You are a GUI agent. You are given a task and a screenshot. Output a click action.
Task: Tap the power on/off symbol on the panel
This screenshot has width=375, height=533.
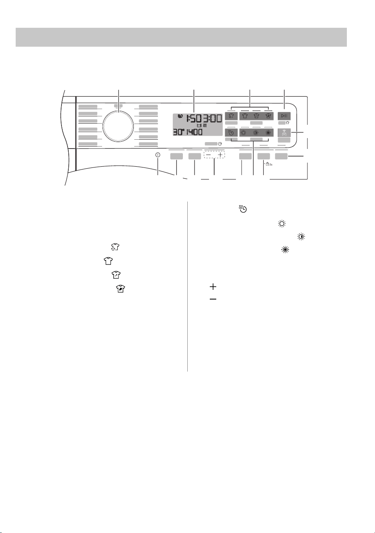click(x=158, y=155)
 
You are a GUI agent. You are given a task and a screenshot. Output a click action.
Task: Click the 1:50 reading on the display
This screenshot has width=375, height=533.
click(x=194, y=118)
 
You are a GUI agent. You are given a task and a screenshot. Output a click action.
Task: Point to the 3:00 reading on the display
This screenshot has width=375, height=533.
click(x=212, y=118)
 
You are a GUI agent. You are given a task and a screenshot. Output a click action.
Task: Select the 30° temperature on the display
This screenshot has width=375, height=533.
click(x=178, y=132)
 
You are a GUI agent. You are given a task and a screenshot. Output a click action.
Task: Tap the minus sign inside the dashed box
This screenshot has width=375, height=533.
click(x=209, y=155)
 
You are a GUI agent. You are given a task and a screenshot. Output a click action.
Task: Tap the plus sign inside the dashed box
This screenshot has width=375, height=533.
click(x=220, y=155)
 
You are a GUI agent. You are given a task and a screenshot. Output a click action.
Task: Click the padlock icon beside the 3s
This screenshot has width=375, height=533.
click(x=267, y=164)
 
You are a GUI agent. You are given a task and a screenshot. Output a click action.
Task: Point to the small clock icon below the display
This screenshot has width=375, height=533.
click(x=220, y=144)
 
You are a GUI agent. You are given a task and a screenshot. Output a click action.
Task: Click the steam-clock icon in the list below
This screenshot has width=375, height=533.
click(x=243, y=209)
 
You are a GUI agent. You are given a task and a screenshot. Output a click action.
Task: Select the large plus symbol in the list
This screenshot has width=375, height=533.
click(x=213, y=287)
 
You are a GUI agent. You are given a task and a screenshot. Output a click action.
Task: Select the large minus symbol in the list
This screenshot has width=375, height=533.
click(x=213, y=299)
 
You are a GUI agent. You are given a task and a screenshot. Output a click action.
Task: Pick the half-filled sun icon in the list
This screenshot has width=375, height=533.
click(x=301, y=237)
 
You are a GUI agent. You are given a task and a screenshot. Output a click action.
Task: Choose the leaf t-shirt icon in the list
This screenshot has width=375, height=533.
click(x=121, y=289)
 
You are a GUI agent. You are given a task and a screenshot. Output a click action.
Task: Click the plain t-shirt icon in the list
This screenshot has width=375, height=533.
click(x=108, y=261)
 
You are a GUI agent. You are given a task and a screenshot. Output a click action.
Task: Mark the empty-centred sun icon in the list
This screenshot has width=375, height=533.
click(x=282, y=224)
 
